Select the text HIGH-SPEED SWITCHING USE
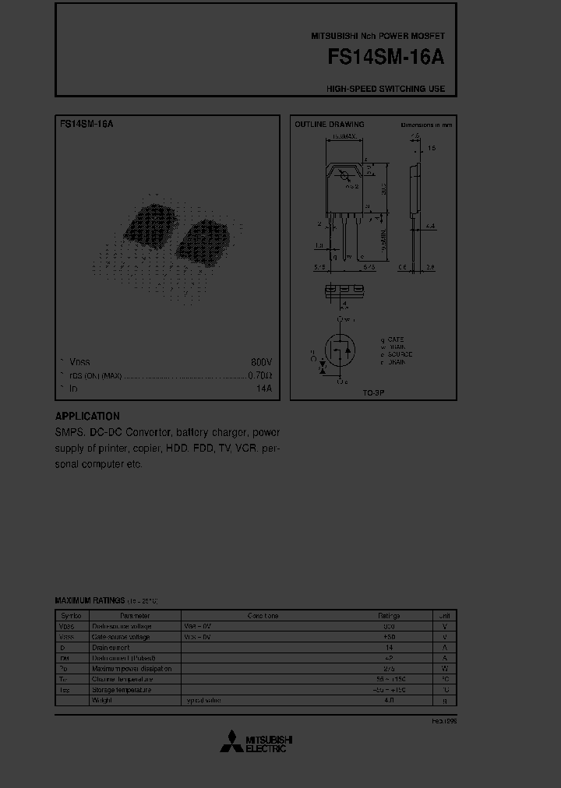386,89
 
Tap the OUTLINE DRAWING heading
329,125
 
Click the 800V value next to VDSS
261,363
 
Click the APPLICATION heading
87,417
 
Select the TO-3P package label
373,393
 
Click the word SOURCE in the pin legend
399,354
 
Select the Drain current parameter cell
111,647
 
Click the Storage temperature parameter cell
122,690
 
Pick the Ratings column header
389,615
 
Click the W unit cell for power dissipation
444,668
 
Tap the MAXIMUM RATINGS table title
89,600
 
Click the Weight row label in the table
102,700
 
